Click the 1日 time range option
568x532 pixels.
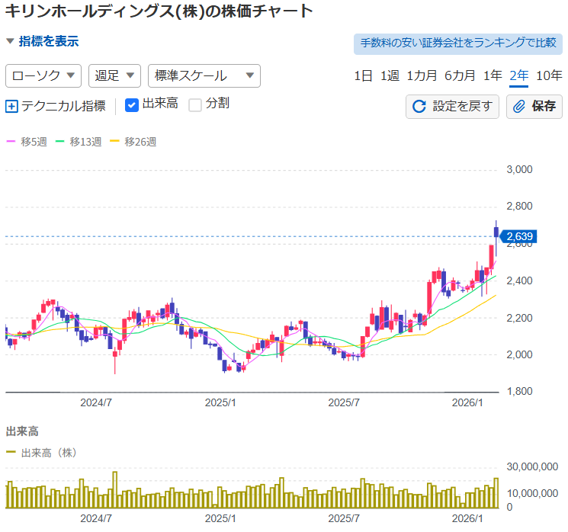tap(363, 75)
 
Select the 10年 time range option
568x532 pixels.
tap(549, 75)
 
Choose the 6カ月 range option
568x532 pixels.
tap(460, 75)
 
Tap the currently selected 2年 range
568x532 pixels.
tap(519, 75)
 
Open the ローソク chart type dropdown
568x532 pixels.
tap(43, 75)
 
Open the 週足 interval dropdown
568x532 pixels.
tap(115, 75)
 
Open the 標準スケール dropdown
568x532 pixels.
tap(204, 75)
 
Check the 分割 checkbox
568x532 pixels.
tap(195, 104)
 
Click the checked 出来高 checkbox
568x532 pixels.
tap(131, 104)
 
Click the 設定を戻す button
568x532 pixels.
tap(453, 106)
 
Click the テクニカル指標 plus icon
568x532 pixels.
tap(11, 106)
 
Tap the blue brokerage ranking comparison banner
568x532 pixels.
tap(457, 43)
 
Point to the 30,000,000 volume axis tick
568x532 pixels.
tap(531, 466)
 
